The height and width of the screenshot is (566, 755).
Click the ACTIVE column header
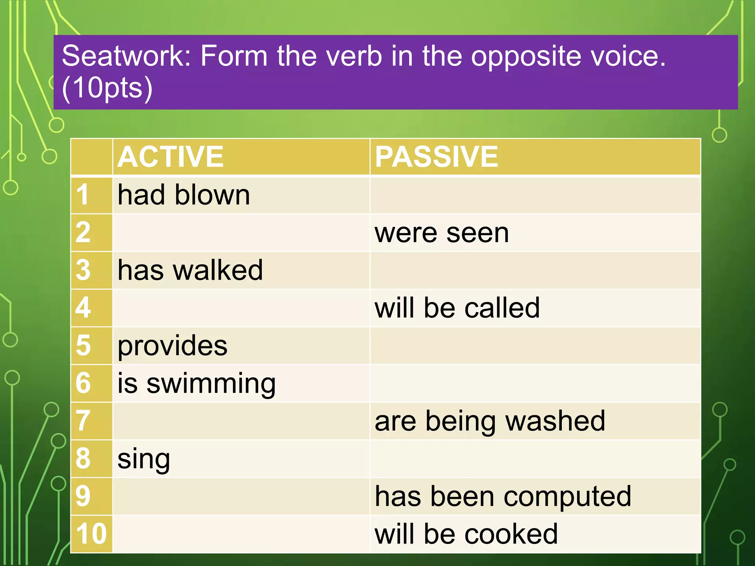coord(171,157)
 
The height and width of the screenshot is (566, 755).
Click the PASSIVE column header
coord(436,157)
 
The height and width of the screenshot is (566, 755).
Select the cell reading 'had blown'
coord(184,195)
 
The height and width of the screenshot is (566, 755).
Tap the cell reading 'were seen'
coord(442,233)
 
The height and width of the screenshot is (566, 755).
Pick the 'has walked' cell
coord(190,270)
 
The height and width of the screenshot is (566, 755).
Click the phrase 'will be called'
coord(457,308)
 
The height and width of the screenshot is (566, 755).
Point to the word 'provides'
coord(173,346)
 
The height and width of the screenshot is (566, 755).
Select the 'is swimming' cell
coord(196,384)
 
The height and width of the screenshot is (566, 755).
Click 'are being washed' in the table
coord(490,421)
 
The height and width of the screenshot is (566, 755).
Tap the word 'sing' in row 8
coord(144,459)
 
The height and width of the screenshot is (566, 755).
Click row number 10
coord(91,534)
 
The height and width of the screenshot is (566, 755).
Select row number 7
coord(83,421)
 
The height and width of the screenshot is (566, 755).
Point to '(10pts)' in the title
coord(107,88)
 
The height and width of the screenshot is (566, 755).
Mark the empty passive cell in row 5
coord(535,346)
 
